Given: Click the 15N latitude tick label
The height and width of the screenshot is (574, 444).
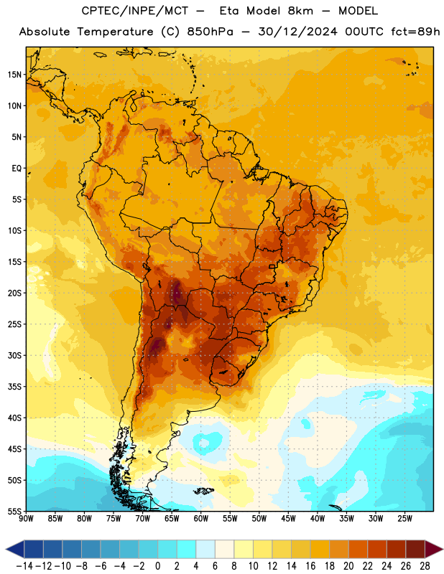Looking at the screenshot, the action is [x=14, y=75].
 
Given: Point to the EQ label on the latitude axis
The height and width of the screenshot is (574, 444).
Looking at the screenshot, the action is [x=17, y=169].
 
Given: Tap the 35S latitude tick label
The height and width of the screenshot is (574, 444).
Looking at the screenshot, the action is [x=14, y=387].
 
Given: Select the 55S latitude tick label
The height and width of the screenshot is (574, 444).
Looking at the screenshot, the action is [x=14, y=511].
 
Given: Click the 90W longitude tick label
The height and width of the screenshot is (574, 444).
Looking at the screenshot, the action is [x=26, y=518].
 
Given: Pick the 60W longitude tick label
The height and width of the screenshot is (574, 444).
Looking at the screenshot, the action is [x=201, y=518].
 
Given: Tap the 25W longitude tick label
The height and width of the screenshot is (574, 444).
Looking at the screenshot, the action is [x=404, y=518].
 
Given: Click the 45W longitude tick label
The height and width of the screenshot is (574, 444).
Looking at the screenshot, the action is [x=288, y=518].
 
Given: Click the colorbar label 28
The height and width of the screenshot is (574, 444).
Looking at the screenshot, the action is [x=425, y=566].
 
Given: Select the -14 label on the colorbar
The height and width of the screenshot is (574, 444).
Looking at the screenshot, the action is [x=24, y=566].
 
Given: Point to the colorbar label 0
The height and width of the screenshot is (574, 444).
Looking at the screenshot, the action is [x=157, y=566].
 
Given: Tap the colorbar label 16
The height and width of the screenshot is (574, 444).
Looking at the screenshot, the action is [x=310, y=566].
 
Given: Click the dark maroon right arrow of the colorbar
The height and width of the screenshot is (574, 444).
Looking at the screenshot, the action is [x=433, y=549].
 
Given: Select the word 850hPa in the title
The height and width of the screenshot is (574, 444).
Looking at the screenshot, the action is [x=210, y=32].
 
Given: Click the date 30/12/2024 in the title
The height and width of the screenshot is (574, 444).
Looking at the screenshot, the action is [x=297, y=32].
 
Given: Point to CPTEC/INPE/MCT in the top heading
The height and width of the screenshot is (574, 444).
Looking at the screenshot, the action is [x=134, y=11].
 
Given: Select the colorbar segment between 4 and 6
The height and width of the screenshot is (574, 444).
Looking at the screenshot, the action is [x=205, y=549].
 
